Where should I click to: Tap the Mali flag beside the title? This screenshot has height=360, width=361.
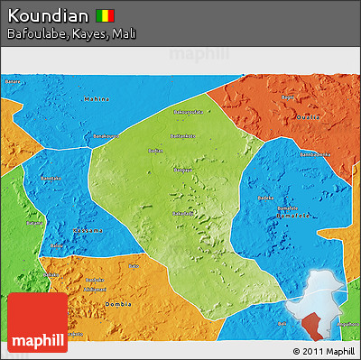coord(106,15)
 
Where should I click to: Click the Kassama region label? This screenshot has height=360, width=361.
coord(87,232)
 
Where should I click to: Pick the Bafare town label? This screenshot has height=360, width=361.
coord(12,81)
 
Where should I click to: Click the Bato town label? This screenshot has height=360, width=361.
coord(135,267)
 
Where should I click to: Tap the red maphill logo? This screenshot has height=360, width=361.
coord(37,322)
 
